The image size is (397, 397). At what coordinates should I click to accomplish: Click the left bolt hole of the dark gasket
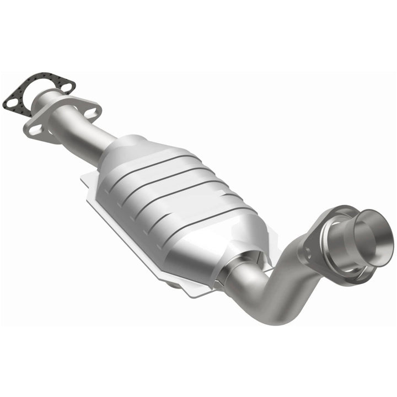[x=11, y=101]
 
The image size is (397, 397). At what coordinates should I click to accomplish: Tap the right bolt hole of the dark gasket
[x=66, y=87]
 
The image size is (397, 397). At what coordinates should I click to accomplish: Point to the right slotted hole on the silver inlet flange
[x=92, y=113]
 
